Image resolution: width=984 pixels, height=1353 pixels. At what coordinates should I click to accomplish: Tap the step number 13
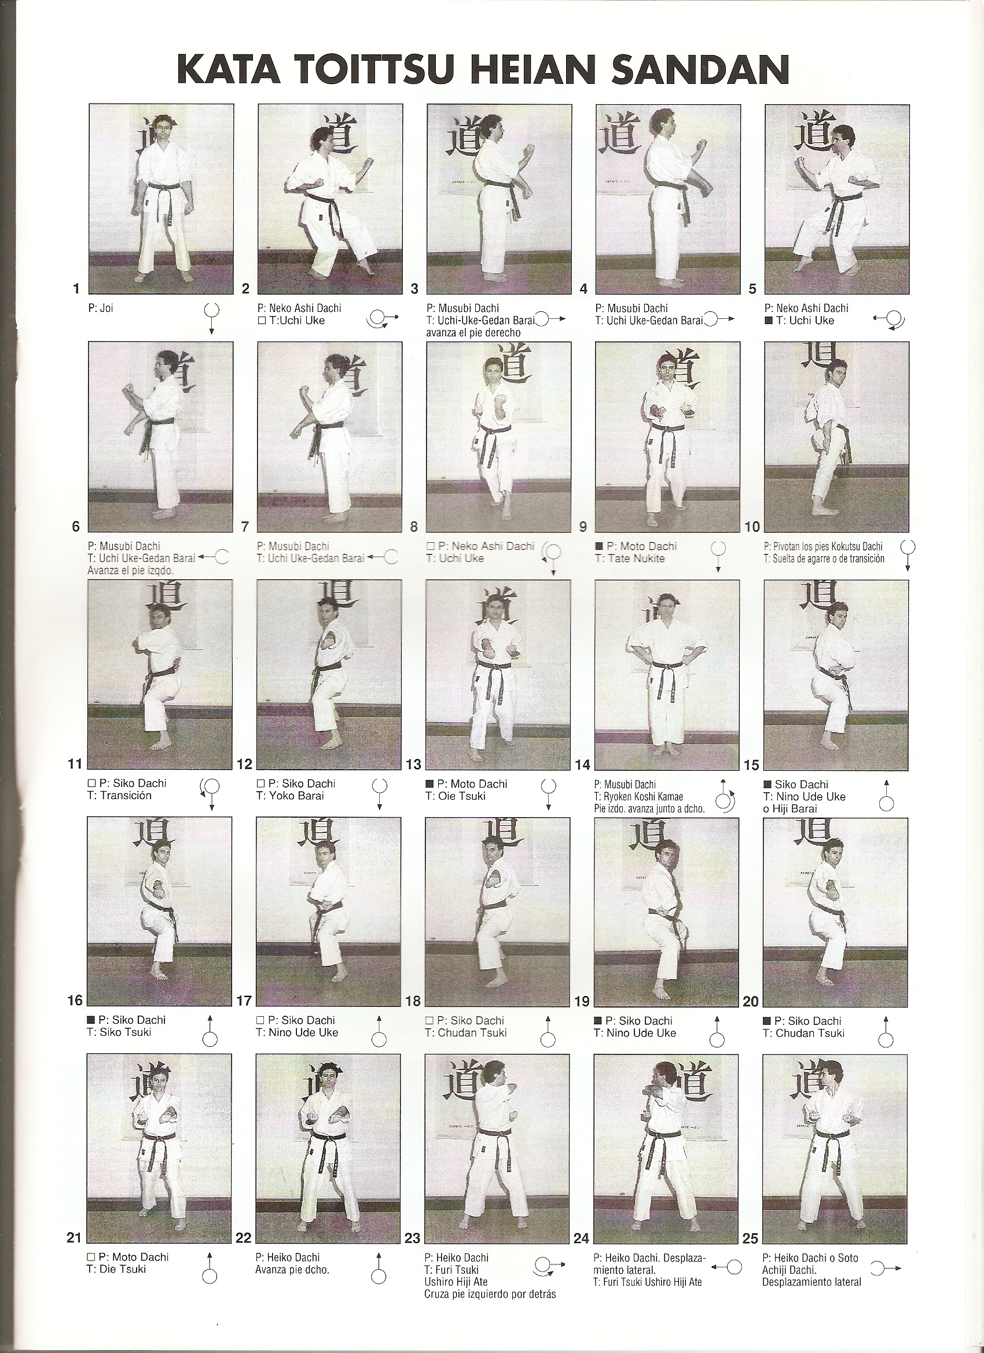tap(413, 765)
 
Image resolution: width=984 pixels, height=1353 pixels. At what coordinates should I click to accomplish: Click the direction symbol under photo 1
tap(211, 320)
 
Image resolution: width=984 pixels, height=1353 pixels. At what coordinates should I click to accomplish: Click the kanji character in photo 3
tap(468, 134)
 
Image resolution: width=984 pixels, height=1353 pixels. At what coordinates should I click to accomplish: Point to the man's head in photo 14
tap(663, 608)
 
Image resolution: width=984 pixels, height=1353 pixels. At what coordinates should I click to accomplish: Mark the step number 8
tap(413, 527)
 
